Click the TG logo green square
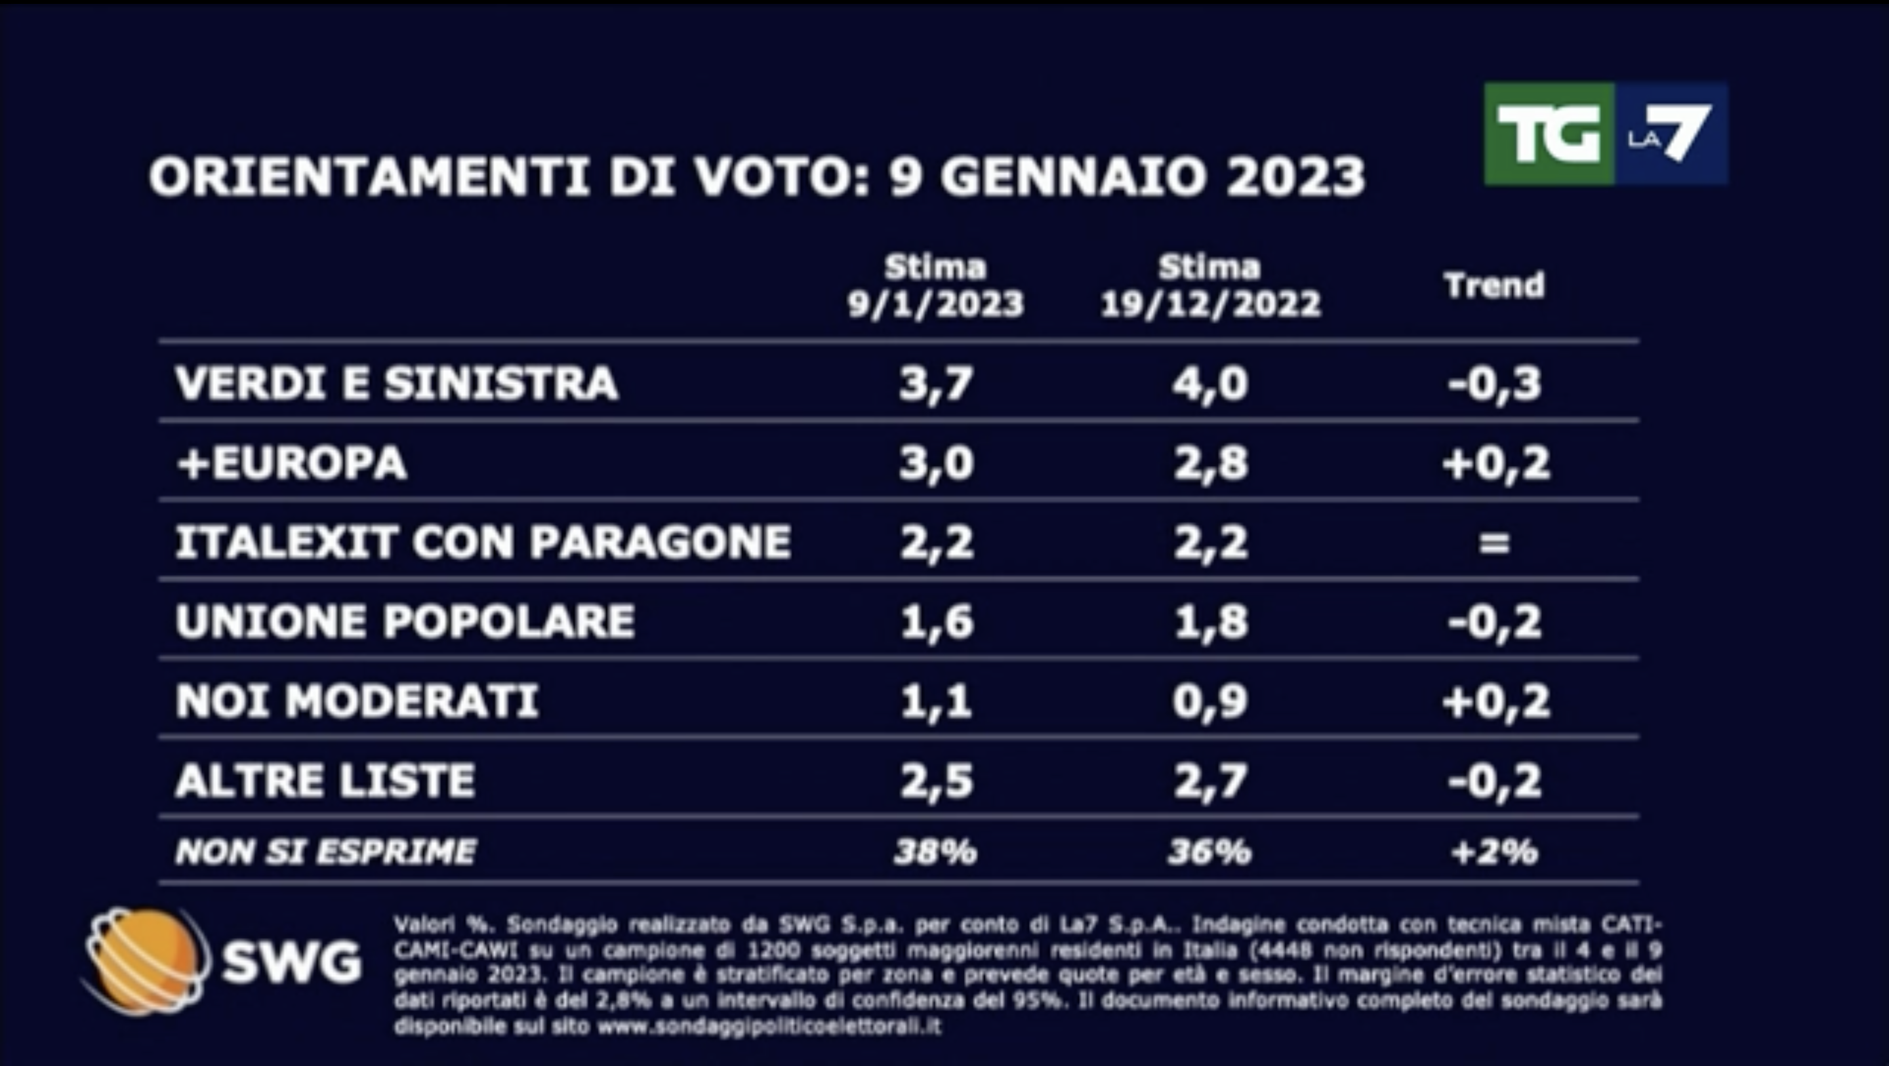tap(1548, 134)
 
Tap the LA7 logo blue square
tap(1670, 134)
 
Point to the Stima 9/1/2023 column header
tap(936, 286)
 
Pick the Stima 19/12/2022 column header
tap(1210, 286)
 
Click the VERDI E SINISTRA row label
tap(397, 384)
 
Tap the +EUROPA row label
tap(292, 464)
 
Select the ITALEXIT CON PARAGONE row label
tap(483, 543)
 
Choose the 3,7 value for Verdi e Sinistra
tap(937, 384)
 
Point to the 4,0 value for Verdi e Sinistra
tap(1210, 384)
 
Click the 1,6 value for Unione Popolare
tap(937, 622)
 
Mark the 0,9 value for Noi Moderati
tap(1210, 701)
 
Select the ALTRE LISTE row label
tap(325, 780)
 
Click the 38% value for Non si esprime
tap(936, 852)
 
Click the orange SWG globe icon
tap(145, 960)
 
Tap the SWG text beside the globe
tap(292, 962)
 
